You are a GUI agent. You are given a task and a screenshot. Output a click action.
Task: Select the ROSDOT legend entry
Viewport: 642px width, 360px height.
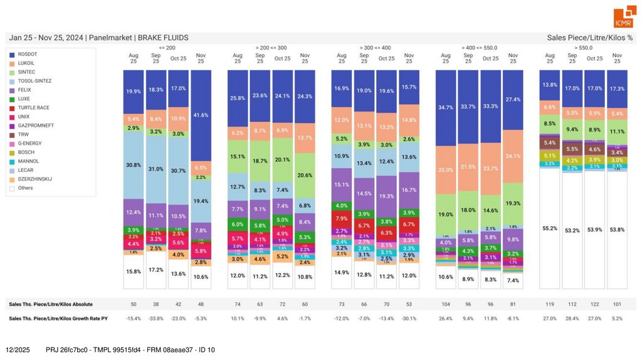coord(28,55)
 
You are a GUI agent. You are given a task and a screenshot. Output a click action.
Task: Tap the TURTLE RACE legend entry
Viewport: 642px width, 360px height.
coord(34,108)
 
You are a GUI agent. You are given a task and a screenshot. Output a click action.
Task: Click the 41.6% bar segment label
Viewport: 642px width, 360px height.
coord(201,115)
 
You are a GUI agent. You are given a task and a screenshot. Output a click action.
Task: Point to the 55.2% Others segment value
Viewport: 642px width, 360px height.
coord(549,229)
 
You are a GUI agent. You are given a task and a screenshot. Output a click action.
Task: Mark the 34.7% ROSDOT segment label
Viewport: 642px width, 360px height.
coord(446,108)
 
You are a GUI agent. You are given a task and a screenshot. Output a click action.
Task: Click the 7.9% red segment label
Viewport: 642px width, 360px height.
coord(342,218)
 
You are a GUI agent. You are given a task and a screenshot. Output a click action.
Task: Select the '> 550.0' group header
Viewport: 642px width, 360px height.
coord(583,48)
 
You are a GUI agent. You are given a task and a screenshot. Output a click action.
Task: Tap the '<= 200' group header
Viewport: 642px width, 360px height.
coord(167,48)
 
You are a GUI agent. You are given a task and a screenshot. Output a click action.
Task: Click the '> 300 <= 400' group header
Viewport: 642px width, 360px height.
coord(375,48)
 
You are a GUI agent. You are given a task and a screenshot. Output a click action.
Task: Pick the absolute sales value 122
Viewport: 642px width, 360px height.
coord(594,304)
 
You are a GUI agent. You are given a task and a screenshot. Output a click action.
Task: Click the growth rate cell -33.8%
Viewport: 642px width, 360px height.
coord(156,319)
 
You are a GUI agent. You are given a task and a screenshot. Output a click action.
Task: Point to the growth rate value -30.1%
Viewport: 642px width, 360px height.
coord(409,319)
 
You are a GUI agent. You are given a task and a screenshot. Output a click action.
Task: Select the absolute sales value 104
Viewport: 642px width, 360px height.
coord(446,304)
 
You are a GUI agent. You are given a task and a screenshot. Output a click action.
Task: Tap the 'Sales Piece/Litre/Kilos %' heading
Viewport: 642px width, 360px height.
coord(590,38)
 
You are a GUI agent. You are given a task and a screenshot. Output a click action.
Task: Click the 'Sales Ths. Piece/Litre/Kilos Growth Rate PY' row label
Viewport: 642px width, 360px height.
coord(58,319)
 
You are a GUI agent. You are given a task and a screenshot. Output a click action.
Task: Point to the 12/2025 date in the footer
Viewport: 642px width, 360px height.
coord(18,349)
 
